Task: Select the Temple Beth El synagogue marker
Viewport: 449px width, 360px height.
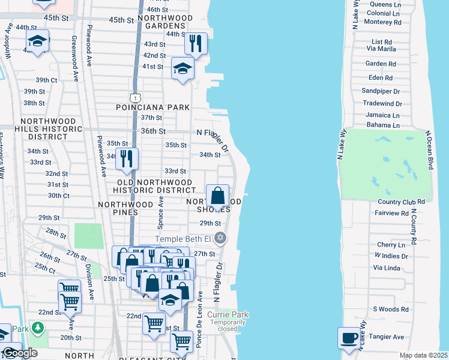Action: point(220,238)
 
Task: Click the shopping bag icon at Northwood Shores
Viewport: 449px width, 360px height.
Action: point(217,196)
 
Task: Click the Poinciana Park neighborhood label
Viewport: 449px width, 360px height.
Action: point(153,107)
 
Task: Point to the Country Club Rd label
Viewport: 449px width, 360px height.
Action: point(402,202)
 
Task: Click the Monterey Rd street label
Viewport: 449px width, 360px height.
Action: point(382,22)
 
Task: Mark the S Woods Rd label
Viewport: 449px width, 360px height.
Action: point(390,310)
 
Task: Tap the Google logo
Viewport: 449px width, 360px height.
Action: point(19,353)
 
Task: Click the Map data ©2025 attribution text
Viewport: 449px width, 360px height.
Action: point(423,355)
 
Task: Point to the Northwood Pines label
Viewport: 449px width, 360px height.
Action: point(126,204)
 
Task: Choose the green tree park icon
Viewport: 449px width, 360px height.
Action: point(38,328)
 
